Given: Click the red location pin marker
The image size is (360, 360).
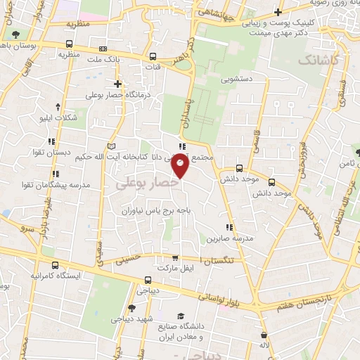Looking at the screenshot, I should point(181,166).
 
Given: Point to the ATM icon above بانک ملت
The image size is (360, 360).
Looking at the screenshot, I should point(103,49).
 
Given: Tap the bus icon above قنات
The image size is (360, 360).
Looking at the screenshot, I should point(153,56).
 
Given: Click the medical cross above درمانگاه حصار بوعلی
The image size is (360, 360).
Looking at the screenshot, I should point(117,84).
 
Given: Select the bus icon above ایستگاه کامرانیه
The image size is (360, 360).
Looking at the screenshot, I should point(56,266).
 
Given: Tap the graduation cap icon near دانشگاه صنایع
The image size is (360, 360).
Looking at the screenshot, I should point(181,316).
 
